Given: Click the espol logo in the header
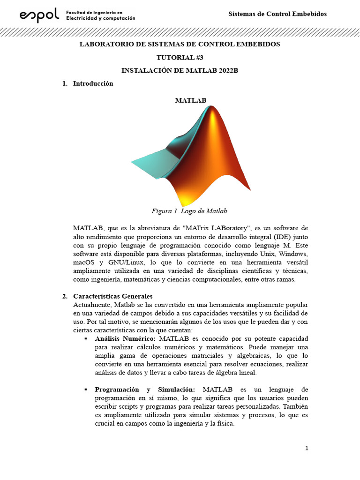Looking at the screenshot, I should point(39,16).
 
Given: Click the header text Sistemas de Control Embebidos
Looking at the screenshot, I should point(277,14).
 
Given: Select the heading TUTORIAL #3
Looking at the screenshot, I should point(180,57).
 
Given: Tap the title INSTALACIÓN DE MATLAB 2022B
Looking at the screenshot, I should point(180,70).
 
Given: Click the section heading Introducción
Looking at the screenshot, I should point(93,83).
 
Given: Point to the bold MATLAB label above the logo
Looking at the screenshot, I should point(190,100).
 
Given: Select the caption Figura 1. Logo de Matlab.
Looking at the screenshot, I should point(190,211).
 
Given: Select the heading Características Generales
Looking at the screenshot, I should point(112,296).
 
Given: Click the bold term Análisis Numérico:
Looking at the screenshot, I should point(126,338).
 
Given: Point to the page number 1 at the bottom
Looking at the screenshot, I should point(307,448).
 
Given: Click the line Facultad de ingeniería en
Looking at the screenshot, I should point(94,12).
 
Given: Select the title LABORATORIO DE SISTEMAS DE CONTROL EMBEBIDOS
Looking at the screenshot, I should point(180,44).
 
